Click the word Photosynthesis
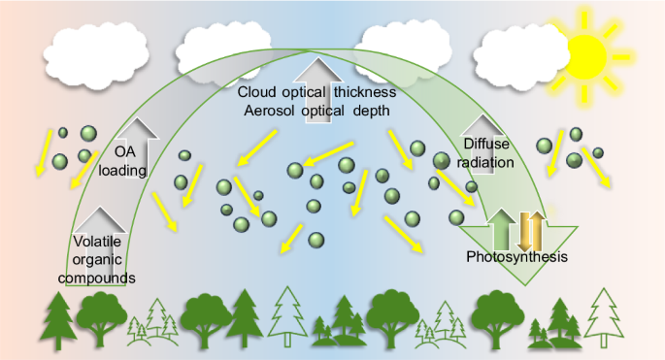tap(515, 258)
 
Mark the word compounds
tap(102, 278)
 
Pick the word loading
tap(122, 171)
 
